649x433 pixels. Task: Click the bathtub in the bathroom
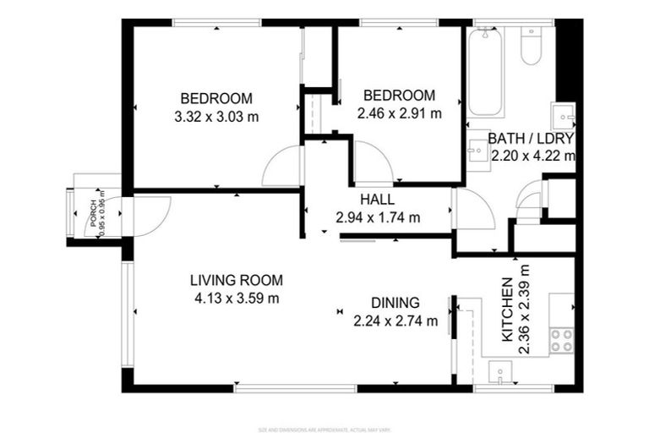click(x=486, y=73)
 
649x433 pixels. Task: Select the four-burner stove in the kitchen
click(x=561, y=340)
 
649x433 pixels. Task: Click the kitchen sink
click(x=500, y=370)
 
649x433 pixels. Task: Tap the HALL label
click(x=378, y=200)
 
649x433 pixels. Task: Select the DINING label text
click(x=395, y=303)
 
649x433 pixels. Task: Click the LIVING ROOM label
click(x=236, y=280)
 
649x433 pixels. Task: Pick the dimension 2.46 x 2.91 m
click(x=398, y=113)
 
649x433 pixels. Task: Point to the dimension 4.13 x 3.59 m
click(x=236, y=298)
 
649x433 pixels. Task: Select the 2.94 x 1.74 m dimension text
click(x=378, y=217)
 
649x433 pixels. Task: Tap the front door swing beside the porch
click(x=150, y=215)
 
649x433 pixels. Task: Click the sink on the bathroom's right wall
click(x=563, y=114)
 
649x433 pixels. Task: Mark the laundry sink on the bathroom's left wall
click(x=477, y=150)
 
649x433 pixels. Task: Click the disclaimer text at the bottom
click(x=324, y=429)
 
